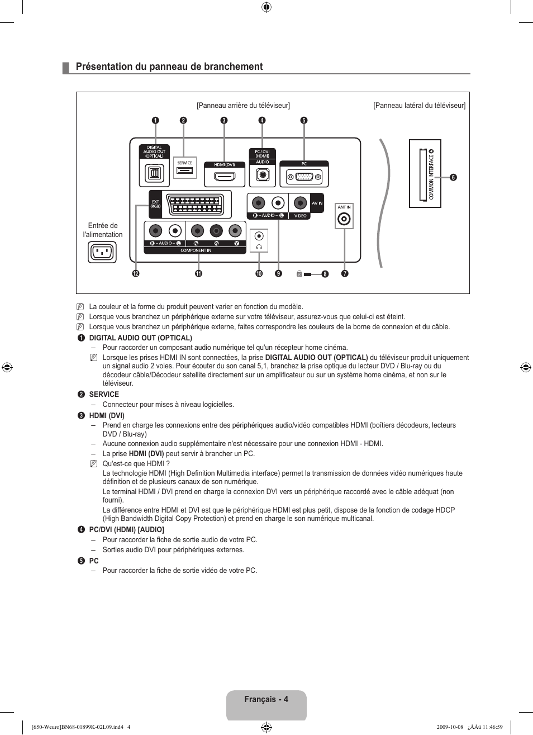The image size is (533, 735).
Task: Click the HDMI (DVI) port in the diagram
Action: tap(225, 177)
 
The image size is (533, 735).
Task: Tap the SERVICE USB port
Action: tap(185, 170)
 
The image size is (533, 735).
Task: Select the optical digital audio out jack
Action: tap(154, 173)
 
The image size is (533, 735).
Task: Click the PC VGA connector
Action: tap(304, 177)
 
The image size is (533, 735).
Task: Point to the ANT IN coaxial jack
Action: tap(344, 219)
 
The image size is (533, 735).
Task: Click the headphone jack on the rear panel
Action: tap(259, 236)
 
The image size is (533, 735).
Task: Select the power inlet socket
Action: tap(102, 252)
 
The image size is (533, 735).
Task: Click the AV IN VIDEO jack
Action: tap(300, 203)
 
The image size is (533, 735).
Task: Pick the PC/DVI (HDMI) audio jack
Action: tap(263, 175)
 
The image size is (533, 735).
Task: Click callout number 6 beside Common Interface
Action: tap(453, 177)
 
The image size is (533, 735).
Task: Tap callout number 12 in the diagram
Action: tap(135, 273)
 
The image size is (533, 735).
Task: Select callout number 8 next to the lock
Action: tap(325, 274)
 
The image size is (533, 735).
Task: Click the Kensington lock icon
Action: tap(299, 273)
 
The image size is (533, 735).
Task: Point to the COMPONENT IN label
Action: tap(196, 251)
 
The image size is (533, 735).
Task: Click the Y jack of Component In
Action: tap(235, 231)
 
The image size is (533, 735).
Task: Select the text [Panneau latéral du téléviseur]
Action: tap(419, 105)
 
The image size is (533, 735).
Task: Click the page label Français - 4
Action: tap(266, 699)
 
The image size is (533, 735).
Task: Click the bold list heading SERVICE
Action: tap(104, 394)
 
